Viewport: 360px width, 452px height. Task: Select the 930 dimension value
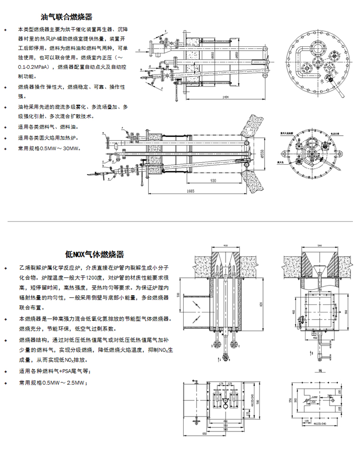pyautogui.click(x=213, y=181)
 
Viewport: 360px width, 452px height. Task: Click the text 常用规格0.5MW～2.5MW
pyautogui.click(x=52, y=382)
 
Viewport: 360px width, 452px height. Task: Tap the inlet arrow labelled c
pyautogui.click(x=143, y=49)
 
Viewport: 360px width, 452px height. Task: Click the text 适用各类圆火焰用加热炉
pyautogui.click(x=47, y=138)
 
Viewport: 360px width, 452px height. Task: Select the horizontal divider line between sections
pyautogui.click(x=180, y=221)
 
